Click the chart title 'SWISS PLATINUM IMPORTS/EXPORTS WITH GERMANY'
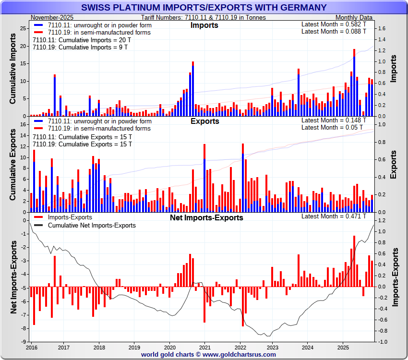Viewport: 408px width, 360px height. click(204, 7)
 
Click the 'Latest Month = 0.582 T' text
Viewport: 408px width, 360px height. click(334, 24)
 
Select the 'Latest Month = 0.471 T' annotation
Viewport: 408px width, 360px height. click(334, 216)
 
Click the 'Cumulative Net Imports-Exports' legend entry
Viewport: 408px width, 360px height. click(92, 225)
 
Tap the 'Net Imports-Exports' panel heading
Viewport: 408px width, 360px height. click(206, 217)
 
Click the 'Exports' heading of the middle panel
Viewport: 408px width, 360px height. click(204, 121)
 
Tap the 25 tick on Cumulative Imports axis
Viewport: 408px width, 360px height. click(23, 29)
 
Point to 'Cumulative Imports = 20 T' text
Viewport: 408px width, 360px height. click(82, 40)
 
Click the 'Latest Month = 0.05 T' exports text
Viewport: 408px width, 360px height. click(334, 128)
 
